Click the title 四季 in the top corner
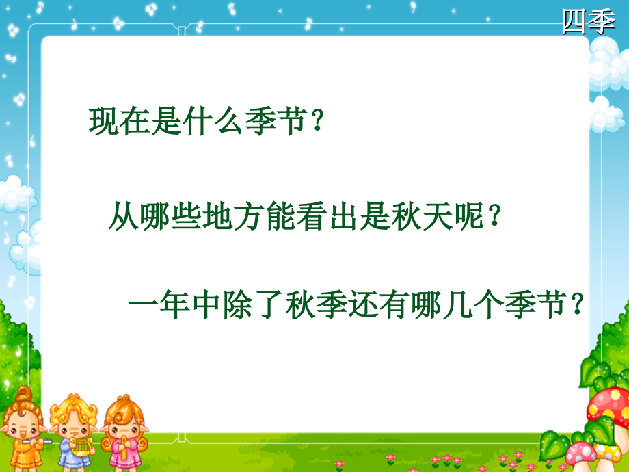[x=588, y=21]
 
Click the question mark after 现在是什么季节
[x=316, y=123]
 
